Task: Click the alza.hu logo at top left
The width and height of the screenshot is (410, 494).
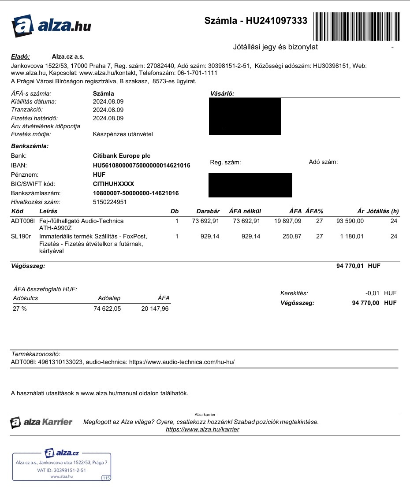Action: click(x=51, y=26)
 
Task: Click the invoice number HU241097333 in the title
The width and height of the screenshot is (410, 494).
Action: click(x=276, y=21)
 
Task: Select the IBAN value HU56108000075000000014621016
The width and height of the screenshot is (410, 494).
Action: click(x=142, y=165)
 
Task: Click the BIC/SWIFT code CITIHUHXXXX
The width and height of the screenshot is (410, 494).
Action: click(x=113, y=184)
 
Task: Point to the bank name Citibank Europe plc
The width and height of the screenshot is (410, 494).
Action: click(x=122, y=156)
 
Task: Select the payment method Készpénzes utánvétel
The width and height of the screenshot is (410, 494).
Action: click(x=123, y=134)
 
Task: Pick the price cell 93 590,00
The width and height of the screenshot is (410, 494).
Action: click(x=350, y=221)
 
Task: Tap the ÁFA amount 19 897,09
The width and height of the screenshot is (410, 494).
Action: click(x=288, y=221)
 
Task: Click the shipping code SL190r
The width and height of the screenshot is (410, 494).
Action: click(x=20, y=237)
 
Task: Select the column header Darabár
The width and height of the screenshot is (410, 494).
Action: click(x=208, y=212)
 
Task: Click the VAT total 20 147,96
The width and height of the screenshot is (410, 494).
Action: click(x=155, y=309)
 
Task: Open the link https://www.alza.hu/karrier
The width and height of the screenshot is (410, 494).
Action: click(x=202, y=429)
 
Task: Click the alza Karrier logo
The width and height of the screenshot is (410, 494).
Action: click(x=41, y=422)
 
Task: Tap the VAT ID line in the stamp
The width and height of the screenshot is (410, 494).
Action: click(x=61, y=470)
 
